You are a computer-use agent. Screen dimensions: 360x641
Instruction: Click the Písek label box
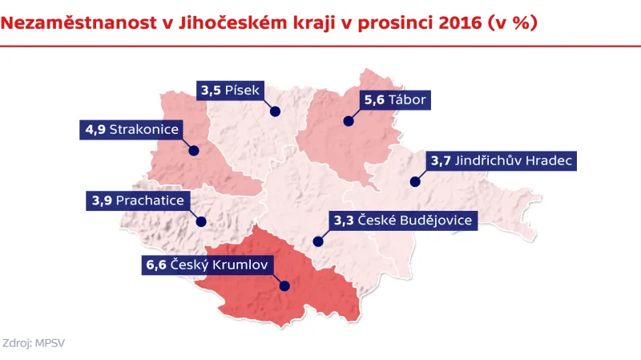click(229, 91)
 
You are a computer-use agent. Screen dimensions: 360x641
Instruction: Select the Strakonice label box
click(132, 129)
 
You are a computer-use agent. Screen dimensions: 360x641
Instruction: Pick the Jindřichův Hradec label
click(500, 161)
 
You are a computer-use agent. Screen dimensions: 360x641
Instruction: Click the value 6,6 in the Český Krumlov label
click(156, 264)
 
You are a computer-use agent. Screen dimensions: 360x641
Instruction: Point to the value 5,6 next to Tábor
click(373, 100)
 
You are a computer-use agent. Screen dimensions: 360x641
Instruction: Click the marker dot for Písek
click(274, 111)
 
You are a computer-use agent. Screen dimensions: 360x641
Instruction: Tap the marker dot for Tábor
click(349, 122)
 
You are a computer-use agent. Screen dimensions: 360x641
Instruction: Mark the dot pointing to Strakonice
click(193, 150)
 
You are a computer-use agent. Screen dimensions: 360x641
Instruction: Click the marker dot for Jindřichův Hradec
click(415, 182)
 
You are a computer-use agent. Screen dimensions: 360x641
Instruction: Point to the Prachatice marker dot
click(201, 221)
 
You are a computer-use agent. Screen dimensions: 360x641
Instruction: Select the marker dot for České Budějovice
click(317, 241)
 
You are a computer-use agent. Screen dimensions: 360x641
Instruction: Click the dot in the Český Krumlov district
click(284, 285)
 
